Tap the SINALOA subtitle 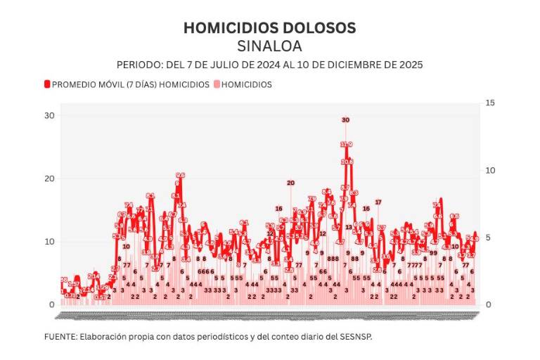tap(269, 46)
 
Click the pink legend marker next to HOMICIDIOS tap(217, 84)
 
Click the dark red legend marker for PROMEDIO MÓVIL tap(47, 84)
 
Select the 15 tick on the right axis tap(490, 103)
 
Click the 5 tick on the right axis tap(488, 238)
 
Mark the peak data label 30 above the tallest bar tap(345, 120)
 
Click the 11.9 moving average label tap(346, 144)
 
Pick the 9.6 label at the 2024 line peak tap(180, 176)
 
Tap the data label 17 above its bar tap(378, 202)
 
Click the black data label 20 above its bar tap(290, 183)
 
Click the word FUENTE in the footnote tap(60, 337)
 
